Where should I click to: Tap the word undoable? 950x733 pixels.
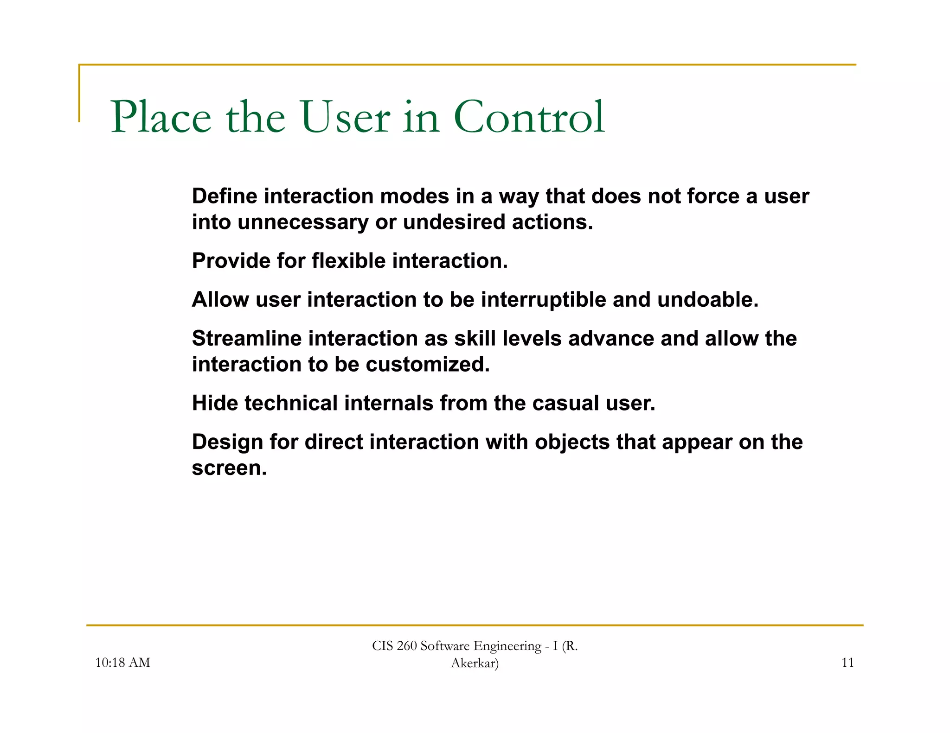click(707, 300)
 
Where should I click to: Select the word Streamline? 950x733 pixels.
click(247, 339)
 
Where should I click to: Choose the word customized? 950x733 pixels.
click(427, 365)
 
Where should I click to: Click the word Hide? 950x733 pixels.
click(215, 403)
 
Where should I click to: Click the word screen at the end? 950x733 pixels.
click(229, 468)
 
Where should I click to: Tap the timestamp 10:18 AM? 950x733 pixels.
click(122, 663)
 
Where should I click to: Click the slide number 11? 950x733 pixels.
click(847, 663)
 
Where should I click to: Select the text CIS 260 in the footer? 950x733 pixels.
click(394, 646)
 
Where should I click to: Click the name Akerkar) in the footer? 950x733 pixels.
click(475, 663)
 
